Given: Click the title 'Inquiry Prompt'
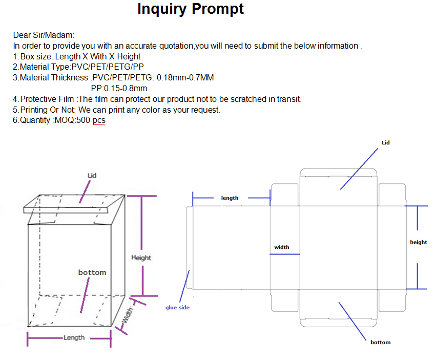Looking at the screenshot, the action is coord(191,9).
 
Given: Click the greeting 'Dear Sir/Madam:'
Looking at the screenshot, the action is coord(44,35).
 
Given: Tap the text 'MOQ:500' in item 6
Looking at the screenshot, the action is coord(72,120).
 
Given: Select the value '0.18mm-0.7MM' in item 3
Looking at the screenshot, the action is coord(185,77).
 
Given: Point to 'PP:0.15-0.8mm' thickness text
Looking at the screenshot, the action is coord(119,89).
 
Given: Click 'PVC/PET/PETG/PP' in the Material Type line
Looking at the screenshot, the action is coord(108,67).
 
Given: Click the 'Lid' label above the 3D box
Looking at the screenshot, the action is coord(92,176).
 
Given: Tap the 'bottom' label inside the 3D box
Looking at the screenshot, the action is coord(92,272).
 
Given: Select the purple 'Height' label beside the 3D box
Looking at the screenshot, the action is coord(141,258).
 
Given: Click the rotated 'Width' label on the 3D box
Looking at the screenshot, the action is coord(128,315).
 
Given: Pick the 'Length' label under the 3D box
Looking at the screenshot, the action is coord(74,337).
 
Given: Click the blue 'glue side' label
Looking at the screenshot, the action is coord(177,307).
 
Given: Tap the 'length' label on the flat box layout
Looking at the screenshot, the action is coord(230,198).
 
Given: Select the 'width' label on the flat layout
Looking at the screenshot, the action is coord(282,247).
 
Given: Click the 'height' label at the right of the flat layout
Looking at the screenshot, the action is coord(419,242).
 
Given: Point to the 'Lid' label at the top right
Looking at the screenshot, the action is coord(386,142).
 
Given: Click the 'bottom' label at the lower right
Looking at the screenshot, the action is coord(380,342).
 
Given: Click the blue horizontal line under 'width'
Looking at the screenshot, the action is coord(285,254).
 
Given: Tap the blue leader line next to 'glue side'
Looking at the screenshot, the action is coord(184,286).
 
